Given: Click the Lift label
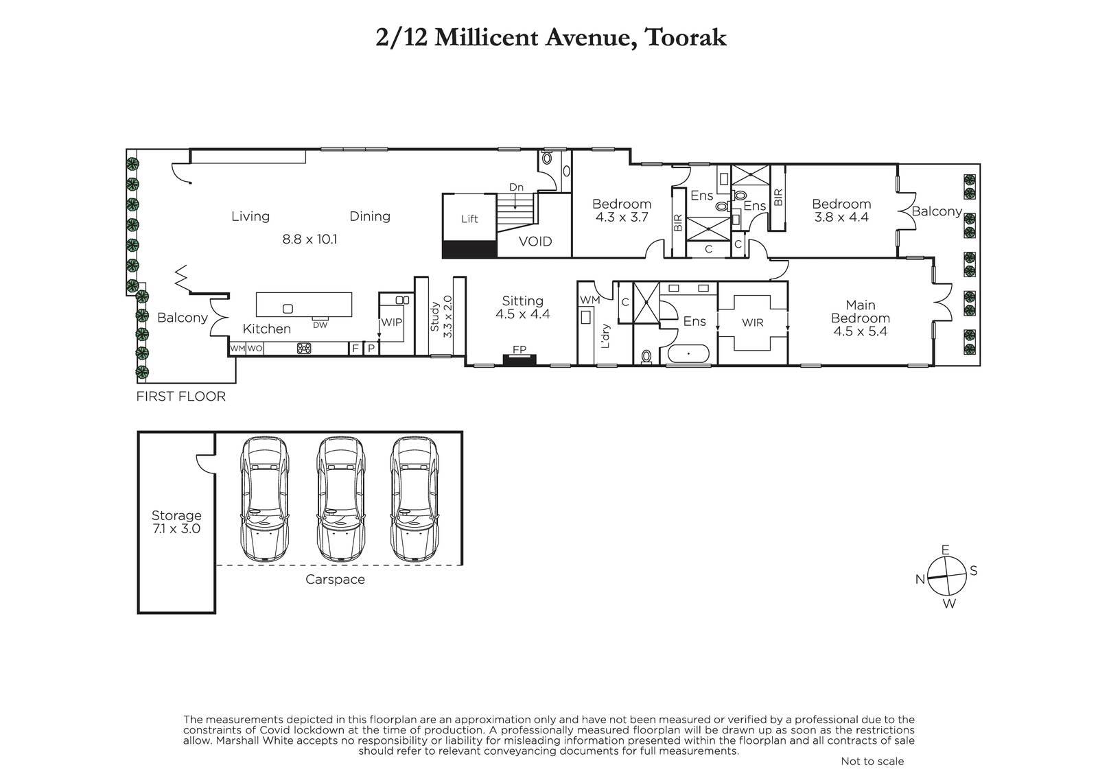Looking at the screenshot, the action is pyautogui.click(x=469, y=219).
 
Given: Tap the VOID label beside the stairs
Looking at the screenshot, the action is pyautogui.click(x=535, y=242).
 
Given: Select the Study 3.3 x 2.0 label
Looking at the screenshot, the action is pyautogui.click(x=441, y=317).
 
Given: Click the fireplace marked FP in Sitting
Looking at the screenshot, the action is pyautogui.click(x=519, y=360).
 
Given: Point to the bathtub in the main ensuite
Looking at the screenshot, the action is pyautogui.click(x=688, y=353).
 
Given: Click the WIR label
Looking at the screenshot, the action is pyautogui.click(x=752, y=322).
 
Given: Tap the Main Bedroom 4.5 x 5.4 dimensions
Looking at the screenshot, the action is pyautogui.click(x=861, y=331).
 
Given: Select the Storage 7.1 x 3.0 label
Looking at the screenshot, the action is pyautogui.click(x=176, y=522).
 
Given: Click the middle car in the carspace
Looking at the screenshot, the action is pyautogui.click(x=340, y=499).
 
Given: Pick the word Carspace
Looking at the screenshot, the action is pyautogui.click(x=335, y=579).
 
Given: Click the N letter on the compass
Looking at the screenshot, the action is pyautogui.click(x=920, y=579).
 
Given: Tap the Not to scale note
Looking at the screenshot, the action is pyautogui.click(x=872, y=762).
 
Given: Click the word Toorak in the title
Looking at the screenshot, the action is pyautogui.click(x=686, y=38).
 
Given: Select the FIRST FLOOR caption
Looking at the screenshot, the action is pyautogui.click(x=181, y=396).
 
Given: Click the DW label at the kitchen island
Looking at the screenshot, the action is pyautogui.click(x=320, y=325).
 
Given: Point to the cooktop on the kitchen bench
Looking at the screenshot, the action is pyautogui.click(x=304, y=349).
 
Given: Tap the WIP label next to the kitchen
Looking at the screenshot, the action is pyautogui.click(x=391, y=322).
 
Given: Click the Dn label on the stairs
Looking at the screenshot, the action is pyautogui.click(x=516, y=187).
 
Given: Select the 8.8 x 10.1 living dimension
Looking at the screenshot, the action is pyautogui.click(x=309, y=239).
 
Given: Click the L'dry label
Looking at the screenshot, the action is pyautogui.click(x=605, y=336).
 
